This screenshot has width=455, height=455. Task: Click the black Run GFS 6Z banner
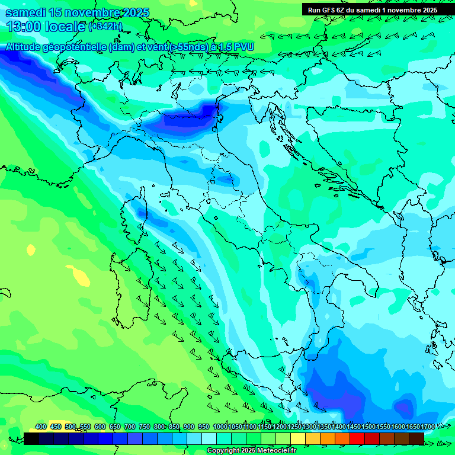click(x=372, y=9)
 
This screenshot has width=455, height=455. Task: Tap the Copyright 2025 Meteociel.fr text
click(x=251, y=451)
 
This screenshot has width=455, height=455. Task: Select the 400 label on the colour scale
click(x=41, y=427)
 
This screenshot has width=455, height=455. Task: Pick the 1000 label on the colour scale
click(x=220, y=427)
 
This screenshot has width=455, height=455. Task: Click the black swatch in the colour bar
click(x=31, y=438)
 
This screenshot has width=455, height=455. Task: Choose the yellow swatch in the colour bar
click(x=298, y=438)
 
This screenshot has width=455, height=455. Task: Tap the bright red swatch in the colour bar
click(x=357, y=438)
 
